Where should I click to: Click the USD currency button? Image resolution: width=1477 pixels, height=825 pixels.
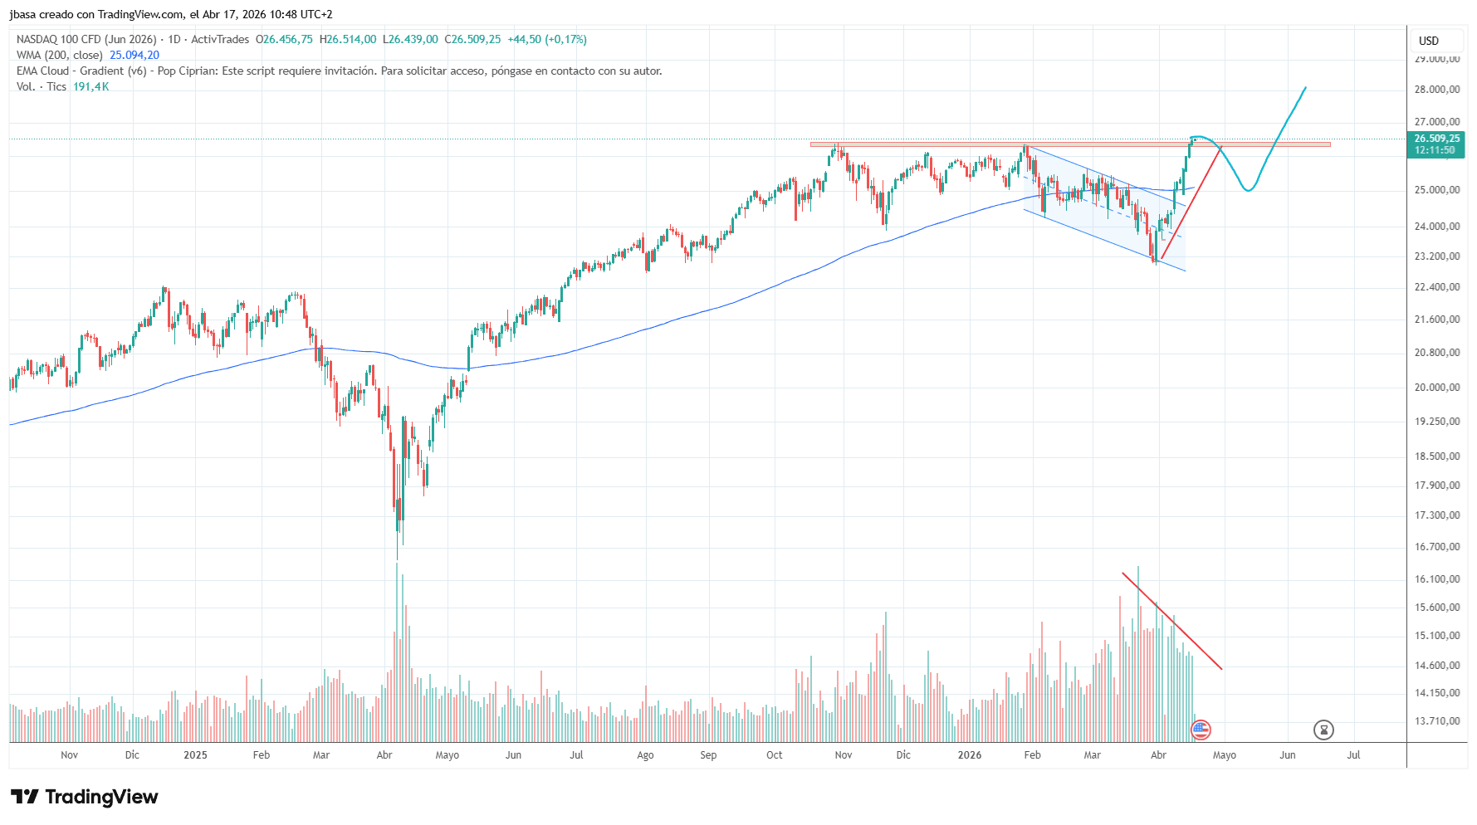point(1428,41)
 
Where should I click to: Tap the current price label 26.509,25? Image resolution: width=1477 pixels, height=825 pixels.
point(1436,139)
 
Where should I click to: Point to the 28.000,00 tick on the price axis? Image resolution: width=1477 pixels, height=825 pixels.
point(1436,90)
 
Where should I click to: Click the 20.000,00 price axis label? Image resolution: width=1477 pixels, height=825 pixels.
point(1436,388)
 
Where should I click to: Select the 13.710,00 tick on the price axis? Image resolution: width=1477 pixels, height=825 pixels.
point(1436,721)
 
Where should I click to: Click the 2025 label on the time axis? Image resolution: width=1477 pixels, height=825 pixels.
point(195,755)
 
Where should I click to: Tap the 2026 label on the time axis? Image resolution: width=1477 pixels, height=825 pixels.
point(969,755)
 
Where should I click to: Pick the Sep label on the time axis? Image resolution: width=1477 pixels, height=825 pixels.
point(708,755)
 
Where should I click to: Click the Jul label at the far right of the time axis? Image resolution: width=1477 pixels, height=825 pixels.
point(1353,755)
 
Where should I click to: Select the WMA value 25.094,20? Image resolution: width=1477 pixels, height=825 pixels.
point(134,56)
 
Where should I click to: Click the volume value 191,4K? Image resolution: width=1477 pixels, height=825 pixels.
point(90,87)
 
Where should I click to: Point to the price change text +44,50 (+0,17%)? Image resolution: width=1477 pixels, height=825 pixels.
point(547,40)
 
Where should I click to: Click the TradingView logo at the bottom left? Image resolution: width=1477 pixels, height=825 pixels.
point(85,797)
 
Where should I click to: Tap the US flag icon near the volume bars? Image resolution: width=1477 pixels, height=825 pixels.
point(1201,730)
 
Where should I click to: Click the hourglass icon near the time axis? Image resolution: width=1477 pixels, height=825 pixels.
point(1323,730)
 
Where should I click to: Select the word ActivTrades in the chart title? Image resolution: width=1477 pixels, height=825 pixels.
point(220,40)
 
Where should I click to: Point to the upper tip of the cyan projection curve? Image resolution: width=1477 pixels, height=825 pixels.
point(1305,87)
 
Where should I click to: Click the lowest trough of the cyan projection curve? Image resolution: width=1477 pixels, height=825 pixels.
point(1248,191)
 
